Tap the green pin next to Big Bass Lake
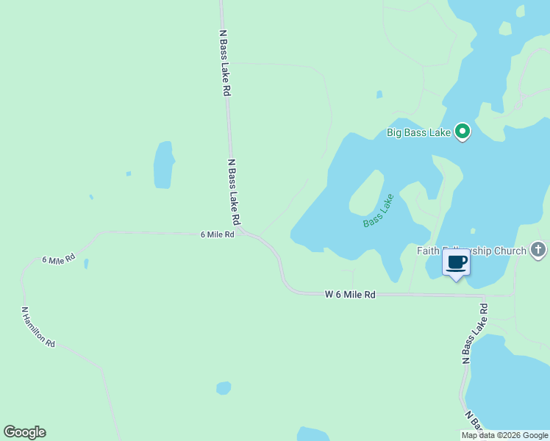pos(463,132)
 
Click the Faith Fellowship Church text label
pos(471,251)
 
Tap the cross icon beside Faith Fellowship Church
pos(538,250)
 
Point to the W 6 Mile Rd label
pos(350,294)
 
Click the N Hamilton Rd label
pos(38,327)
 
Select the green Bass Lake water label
pos(379,210)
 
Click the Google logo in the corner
pos(24,432)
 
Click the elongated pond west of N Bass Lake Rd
pos(163,165)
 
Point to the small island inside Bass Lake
pos(366,193)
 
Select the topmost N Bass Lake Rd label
pos(226,63)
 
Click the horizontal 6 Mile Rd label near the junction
pos(217,234)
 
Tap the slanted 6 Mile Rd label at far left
pos(59,259)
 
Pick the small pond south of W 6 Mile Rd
pos(224,387)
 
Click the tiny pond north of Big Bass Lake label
pos(379,94)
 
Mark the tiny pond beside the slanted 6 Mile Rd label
pos(86,263)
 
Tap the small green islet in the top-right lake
pos(504,28)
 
